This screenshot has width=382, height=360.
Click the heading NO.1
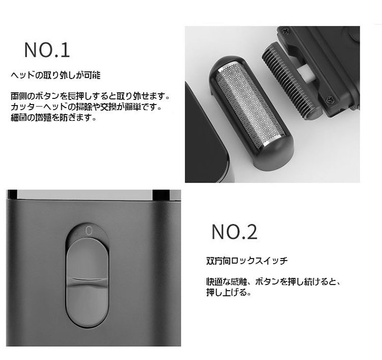coord(47,50)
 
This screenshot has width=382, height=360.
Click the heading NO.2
coord(234,232)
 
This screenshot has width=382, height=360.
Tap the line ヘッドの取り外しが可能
coord(56,75)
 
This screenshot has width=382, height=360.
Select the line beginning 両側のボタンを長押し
coord(90,96)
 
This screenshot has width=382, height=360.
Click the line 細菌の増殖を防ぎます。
coord(53,117)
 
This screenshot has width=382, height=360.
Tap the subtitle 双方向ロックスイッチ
coord(247,261)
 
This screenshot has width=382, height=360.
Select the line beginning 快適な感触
coord(273,282)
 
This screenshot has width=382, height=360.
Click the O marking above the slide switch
coord(89,229)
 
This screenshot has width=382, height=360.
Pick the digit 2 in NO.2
coord(251,232)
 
